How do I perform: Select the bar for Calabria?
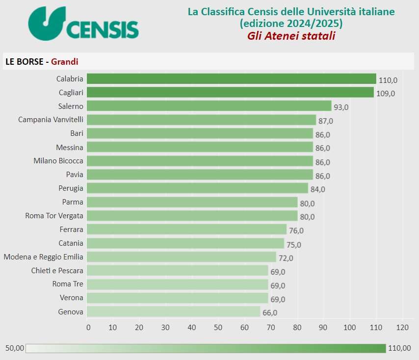[232, 79]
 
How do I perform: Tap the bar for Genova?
[174, 311]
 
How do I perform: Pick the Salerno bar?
[209, 106]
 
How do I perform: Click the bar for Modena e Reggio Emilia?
[182, 257]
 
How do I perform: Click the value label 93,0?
[340, 107]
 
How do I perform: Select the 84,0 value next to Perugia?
[317, 189]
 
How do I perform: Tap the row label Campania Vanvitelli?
[51, 120]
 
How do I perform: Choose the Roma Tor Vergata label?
[54, 215]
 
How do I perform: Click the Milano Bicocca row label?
[58, 160]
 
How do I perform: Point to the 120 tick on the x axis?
[402, 327]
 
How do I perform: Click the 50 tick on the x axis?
[218, 327]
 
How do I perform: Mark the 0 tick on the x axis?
[88, 327]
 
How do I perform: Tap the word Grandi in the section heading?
[65, 61]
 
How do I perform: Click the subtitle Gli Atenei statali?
[291, 36]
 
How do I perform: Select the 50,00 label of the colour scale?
[15, 348]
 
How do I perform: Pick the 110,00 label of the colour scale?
[399, 348]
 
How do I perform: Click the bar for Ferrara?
[186, 229]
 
